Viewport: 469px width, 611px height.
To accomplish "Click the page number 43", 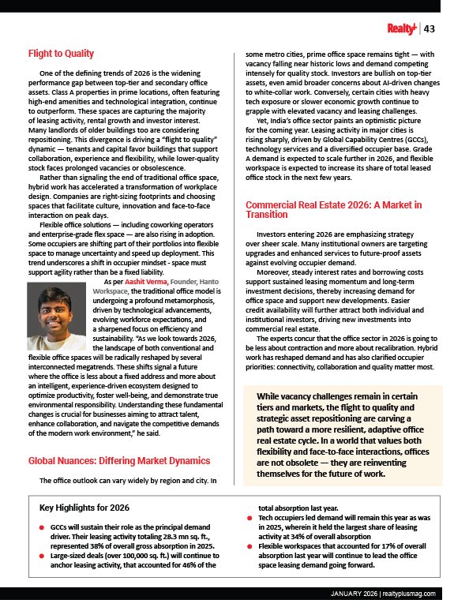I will click(430, 29).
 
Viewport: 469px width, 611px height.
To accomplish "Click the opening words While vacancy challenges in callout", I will click(301, 395).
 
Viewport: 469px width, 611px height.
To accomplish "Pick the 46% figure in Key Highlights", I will click(204, 564).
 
